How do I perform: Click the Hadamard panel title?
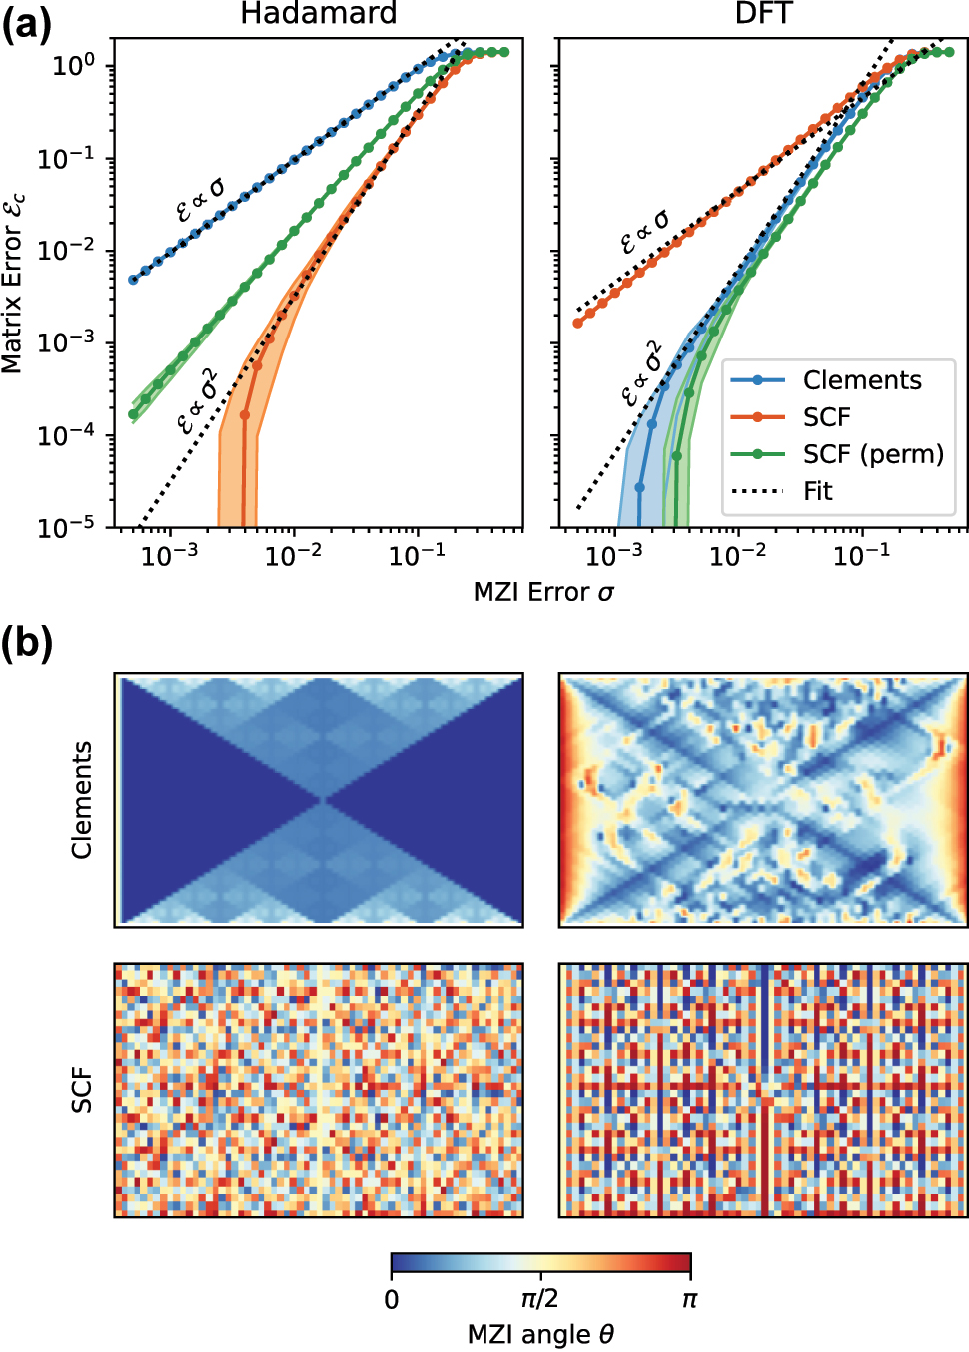point(318,14)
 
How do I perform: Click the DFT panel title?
point(763,14)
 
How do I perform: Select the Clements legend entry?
point(861,380)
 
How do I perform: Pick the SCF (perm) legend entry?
point(872,454)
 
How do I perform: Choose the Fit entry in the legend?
point(817,491)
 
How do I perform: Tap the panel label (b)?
point(26,644)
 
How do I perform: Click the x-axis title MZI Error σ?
point(543,592)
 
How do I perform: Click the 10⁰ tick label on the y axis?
point(73,66)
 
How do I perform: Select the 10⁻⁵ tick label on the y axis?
point(67,527)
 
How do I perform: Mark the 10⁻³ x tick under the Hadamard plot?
point(169,555)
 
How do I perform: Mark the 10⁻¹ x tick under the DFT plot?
point(861,555)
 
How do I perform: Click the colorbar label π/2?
point(540,1299)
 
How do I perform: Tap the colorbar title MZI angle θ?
point(540,1335)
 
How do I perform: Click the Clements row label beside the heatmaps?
point(82,799)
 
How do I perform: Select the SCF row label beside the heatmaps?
point(82,1090)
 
